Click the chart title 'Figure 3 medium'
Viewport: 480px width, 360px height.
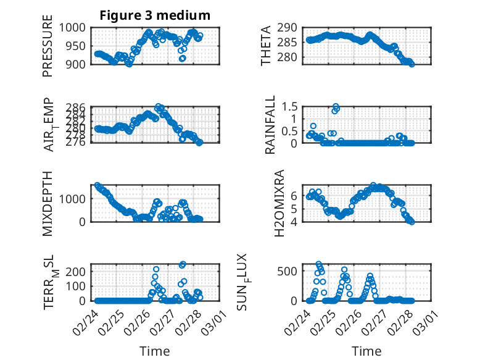click(x=155, y=15)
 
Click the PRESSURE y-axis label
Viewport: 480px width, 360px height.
click(x=48, y=49)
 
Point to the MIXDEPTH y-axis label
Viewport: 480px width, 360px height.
click(x=48, y=204)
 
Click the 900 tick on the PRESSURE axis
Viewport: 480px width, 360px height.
click(x=79, y=64)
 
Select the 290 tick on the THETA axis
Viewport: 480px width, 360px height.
click(x=293, y=28)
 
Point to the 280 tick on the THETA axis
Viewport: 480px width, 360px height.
click(x=293, y=57)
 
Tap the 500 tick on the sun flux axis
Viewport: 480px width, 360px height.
click(x=292, y=270)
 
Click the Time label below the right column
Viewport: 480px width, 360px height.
click(x=366, y=351)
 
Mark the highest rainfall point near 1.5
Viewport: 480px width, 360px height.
click(x=336, y=106)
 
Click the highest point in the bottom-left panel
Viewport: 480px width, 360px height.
click(x=183, y=264)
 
